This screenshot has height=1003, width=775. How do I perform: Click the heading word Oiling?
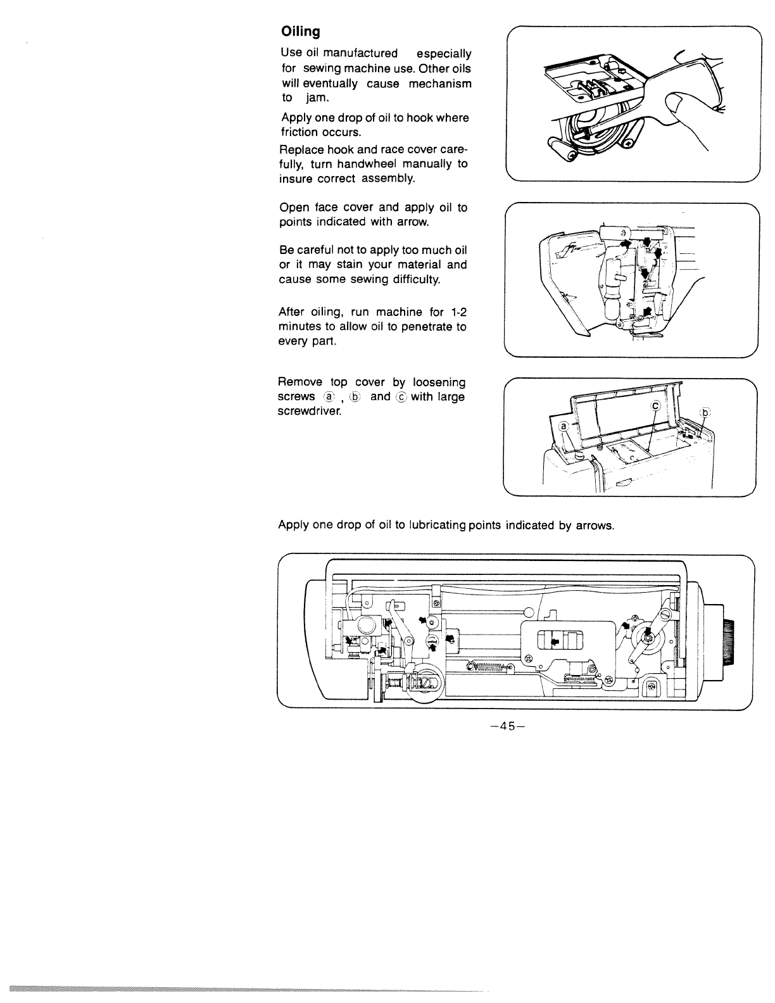[301, 31]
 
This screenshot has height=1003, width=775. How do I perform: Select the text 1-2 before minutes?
[457, 312]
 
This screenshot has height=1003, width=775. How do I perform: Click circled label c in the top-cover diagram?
[656, 405]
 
